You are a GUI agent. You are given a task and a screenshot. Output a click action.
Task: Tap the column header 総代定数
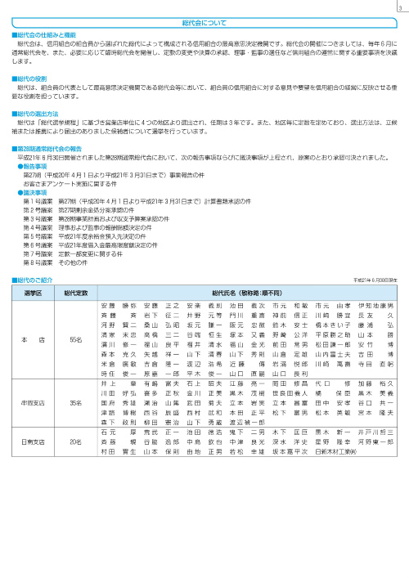(x=76, y=292)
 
